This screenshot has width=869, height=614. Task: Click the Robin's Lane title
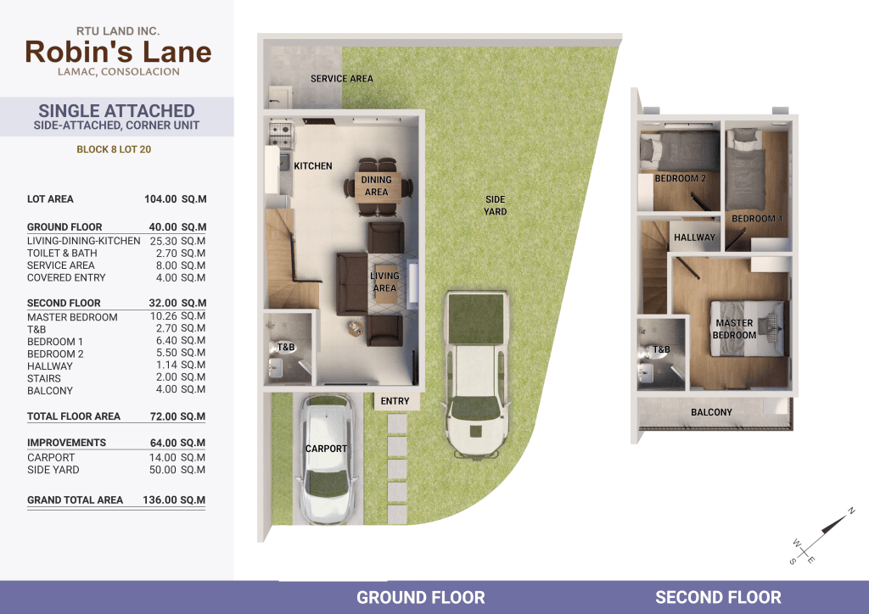pos(118,52)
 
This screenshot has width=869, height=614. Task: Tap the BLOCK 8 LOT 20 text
pos(114,149)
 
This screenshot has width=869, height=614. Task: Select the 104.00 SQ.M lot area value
pos(175,199)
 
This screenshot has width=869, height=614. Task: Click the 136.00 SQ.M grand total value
pos(174,500)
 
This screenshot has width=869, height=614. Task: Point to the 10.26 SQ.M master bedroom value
pos(177,316)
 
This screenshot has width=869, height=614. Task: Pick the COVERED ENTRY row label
pos(66,278)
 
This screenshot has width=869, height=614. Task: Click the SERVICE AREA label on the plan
pos(341,79)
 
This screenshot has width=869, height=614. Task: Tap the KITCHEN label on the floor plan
pos(312,166)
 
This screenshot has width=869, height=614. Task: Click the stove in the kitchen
pos(281,136)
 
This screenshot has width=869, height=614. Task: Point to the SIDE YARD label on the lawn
pos(495,205)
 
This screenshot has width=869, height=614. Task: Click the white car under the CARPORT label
pos(326,459)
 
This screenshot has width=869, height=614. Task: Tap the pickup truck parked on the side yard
pos(477,374)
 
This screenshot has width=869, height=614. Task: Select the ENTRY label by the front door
pos(395,401)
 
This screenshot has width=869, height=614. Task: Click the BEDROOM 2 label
pos(680,178)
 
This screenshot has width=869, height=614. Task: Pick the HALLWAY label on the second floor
pos(694,237)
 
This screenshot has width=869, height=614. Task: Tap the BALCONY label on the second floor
pos(711,412)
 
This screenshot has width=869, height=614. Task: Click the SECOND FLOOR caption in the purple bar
pos(718,597)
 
